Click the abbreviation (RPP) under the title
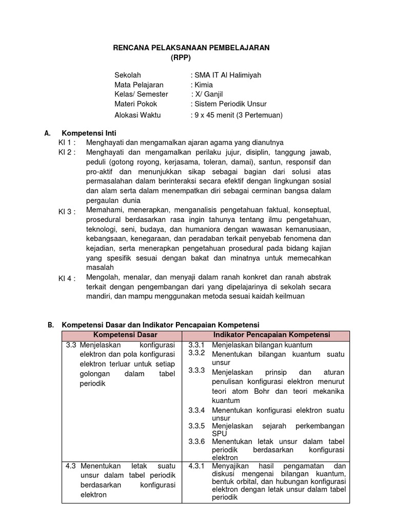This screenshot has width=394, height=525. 181,57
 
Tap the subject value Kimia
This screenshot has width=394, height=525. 203,85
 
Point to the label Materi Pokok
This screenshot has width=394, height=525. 135,104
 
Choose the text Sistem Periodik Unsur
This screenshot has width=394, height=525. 230,104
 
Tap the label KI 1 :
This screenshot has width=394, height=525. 67,143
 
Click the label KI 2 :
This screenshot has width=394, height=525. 67,152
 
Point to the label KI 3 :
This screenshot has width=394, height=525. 67,212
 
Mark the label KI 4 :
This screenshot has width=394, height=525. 67,278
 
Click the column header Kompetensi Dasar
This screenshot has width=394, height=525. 122,335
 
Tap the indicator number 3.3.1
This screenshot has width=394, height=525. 196,345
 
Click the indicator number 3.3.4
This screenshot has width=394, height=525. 196,410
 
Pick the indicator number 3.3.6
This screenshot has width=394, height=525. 196,441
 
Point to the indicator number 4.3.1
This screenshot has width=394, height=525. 196,466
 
